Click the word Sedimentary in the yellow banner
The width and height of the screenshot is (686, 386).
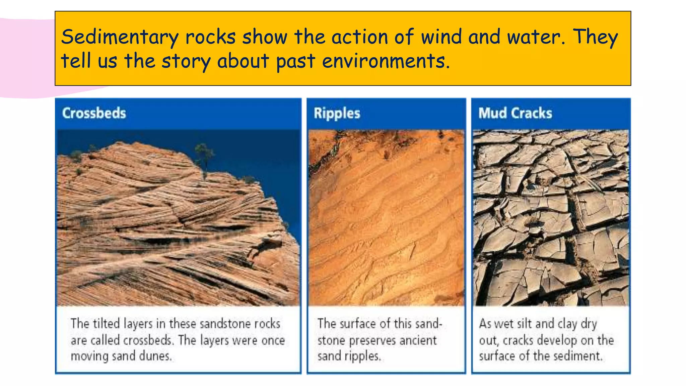120,37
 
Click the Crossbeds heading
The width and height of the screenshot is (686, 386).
94,113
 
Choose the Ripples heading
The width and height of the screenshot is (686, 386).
337,113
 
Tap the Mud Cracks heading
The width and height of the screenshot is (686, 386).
515,113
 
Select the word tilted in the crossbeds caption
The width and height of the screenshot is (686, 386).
106,324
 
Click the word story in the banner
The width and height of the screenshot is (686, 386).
186,61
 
